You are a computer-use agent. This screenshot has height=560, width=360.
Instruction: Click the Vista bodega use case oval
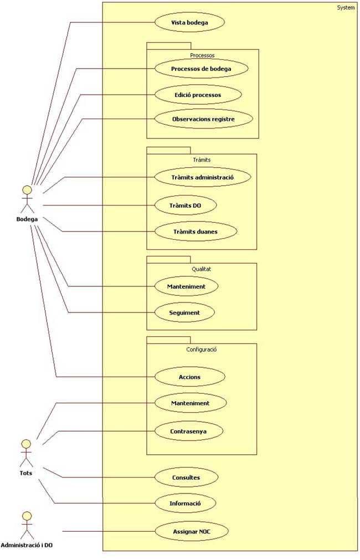(x=189, y=22)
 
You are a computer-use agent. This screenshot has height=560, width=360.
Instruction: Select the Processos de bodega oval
(x=200, y=69)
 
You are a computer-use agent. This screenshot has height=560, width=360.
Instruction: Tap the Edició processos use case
(x=197, y=95)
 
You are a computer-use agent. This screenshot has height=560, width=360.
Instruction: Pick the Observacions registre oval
(x=203, y=119)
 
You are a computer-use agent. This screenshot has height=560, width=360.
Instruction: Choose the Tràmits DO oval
(x=184, y=205)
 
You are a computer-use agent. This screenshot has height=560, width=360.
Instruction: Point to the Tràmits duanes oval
(x=196, y=231)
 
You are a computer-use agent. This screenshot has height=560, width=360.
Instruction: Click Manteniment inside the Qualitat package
(x=186, y=286)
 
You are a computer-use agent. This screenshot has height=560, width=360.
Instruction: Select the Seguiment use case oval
(x=184, y=312)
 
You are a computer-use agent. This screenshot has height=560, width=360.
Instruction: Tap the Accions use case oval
(x=189, y=377)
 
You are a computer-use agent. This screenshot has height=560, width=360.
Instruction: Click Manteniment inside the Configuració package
(x=189, y=403)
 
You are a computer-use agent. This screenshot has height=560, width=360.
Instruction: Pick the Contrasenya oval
(x=188, y=430)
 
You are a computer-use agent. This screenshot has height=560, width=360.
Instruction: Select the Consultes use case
(x=186, y=477)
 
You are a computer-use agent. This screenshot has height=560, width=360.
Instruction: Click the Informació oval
(x=184, y=504)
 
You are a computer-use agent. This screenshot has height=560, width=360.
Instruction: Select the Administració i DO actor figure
(x=26, y=525)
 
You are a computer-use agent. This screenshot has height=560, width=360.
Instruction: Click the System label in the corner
(x=346, y=7)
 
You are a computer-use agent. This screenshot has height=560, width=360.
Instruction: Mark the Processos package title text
(x=202, y=55)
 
